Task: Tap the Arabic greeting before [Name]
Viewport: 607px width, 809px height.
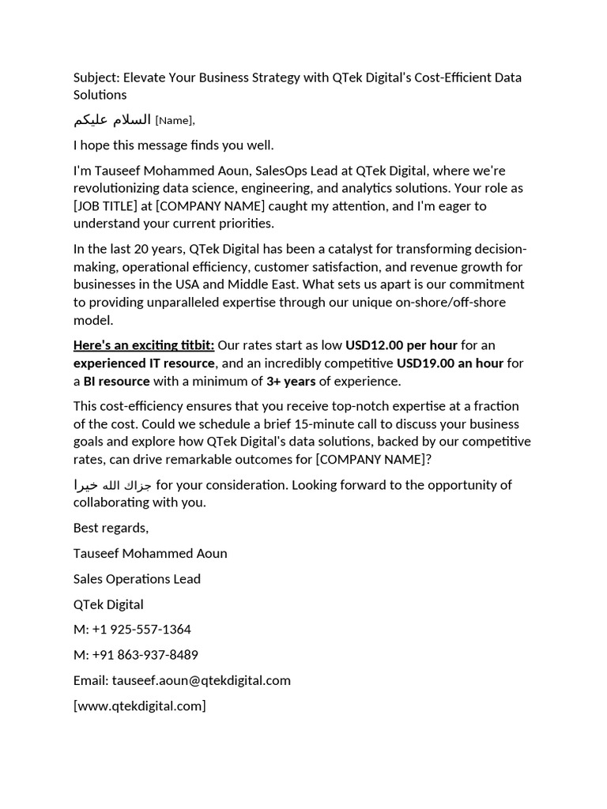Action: click(x=111, y=119)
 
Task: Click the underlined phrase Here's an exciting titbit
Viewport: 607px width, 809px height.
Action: click(x=144, y=345)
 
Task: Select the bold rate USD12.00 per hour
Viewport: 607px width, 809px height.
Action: click(x=402, y=345)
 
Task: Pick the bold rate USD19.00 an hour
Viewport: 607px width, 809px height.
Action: click(x=450, y=363)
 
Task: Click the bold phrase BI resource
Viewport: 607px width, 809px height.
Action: click(x=116, y=382)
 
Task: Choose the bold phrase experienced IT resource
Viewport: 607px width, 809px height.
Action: click(x=144, y=363)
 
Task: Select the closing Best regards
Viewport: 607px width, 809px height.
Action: click(x=111, y=528)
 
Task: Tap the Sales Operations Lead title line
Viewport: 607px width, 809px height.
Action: click(x=137, y=579)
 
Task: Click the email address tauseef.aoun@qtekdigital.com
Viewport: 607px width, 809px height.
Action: click(x=201, y=680)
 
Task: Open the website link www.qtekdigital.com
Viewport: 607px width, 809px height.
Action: click(x=139, y=706)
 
